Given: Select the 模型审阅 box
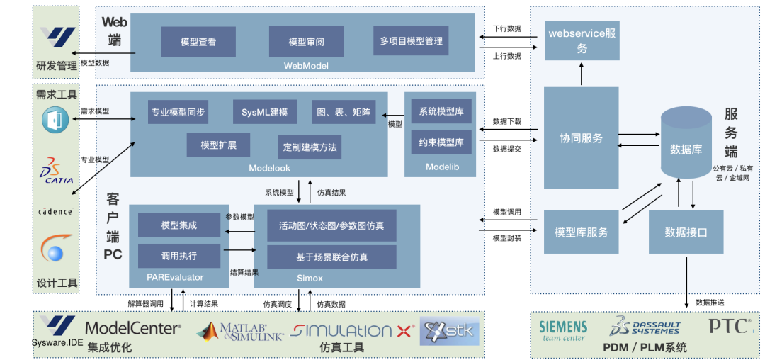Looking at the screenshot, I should point(306,42).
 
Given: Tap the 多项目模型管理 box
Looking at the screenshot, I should point(411,41).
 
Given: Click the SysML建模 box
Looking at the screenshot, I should point(264,112).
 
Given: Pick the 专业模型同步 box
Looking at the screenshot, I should point(178,112).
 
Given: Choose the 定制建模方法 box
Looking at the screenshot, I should point(310,147).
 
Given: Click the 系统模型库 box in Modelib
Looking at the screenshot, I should point(441,112).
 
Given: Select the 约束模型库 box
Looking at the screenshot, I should point(441,142).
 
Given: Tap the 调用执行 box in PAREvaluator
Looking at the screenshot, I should point(179,256).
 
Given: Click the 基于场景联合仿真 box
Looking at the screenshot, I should point(331,257).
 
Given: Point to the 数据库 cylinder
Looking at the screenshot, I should point(686,149).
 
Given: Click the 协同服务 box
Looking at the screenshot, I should point(581,138).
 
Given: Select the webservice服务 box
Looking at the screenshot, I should point(582,40).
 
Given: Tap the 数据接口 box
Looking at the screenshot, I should point(686,232).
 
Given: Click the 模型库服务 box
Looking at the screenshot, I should point(581,232).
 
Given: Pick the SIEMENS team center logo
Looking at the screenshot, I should point(563,330).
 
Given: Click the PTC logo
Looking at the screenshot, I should point(729,326).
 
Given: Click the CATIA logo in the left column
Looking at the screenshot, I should point(57,171).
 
